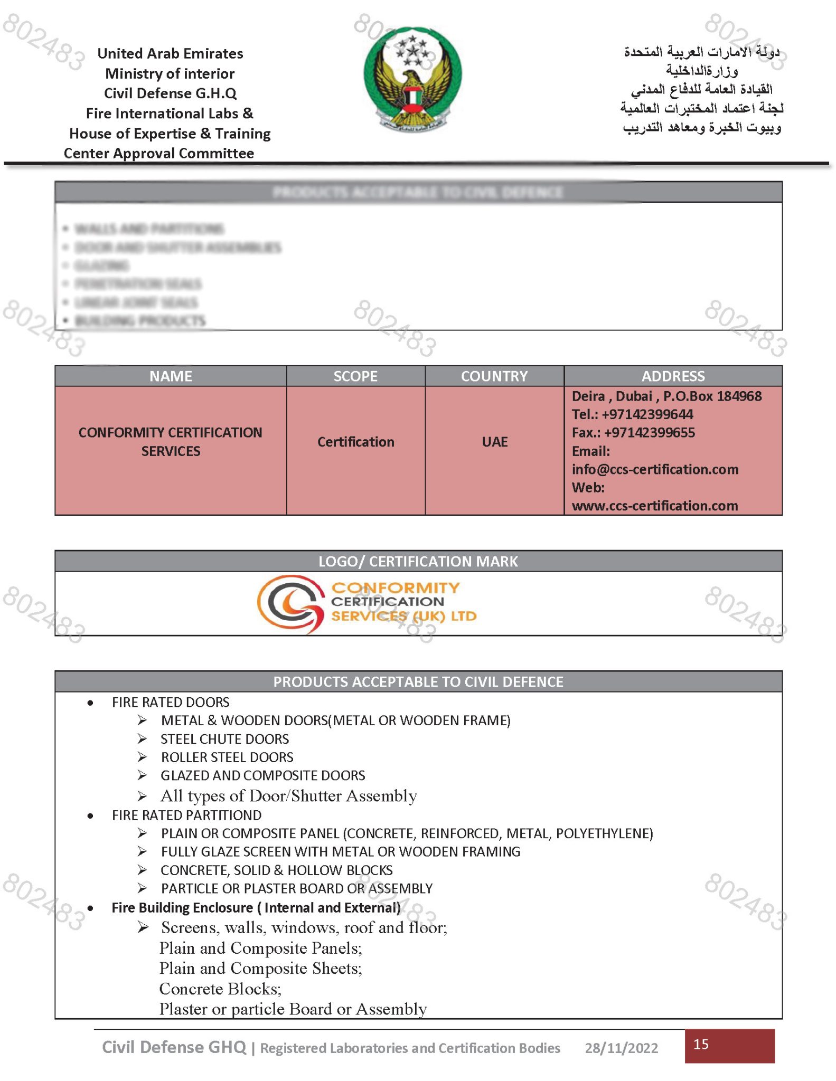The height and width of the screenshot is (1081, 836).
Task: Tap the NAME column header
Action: pyautogui.click(x=171, y=376)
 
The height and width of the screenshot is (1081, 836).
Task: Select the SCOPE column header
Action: pyautogui.click(x=355, y=376)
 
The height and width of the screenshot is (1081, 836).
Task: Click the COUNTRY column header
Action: pyautogui.click(x=494, y=376)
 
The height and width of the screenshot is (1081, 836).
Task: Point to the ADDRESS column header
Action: pyautogui.click(x=673, y=376)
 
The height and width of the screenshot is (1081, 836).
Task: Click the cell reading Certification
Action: pyautogui.click(x=355, y=442)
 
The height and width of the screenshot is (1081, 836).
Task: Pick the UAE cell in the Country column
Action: pyautogui.click(x=494, y=442)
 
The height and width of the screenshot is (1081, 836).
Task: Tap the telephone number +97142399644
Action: pyautogui.click(x=647, y=414)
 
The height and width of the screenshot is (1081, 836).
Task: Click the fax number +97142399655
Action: pyautogui.click(x=649, y=433)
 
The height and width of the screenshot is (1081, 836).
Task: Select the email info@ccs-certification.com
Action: pyautogui.click(x=655, y=469)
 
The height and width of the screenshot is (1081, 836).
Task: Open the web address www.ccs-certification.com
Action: pyautogui.click(x=654, y=506)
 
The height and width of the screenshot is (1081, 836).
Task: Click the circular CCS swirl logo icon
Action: pyautogui.click(x=290, y=603)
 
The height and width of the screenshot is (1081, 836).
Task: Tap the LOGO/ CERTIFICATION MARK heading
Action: pyautogui.click(x=418, y=561)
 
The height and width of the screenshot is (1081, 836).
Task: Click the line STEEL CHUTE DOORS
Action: pyautogui.click(x=225, y=739)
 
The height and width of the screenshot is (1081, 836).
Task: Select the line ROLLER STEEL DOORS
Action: pyautogui.click(x=227, y=757)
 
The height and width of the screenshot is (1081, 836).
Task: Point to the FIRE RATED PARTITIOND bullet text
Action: pyautogui.click(x=186, y=815)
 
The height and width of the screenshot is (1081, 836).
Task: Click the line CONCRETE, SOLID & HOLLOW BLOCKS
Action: pyautogui.click(x=277, y=870)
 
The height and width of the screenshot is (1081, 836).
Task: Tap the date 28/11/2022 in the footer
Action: pyautogui.click(x=621, y=1048)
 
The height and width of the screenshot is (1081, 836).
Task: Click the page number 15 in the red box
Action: pyautogui.click(x=701, y=1044)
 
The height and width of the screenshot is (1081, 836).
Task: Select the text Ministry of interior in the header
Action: pyautogui.click(x=170, y=73)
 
